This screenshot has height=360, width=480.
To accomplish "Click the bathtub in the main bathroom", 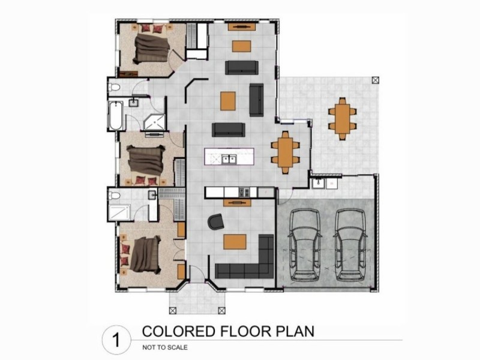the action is pyautogui.click(x=116, y=116).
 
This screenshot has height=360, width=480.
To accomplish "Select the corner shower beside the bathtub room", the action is pyautogui.click(x=155, y=122).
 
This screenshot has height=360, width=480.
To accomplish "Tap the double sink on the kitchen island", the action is pyautogui.click(x=229, y=159).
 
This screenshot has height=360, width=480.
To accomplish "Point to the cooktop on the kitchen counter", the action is pyautogui.click(x=244, y=192).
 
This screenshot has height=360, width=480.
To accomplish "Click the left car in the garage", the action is pyautogui.click(x=305, y=245).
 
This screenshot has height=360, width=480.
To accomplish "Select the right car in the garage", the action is pyautogui.click(x=350, y=245).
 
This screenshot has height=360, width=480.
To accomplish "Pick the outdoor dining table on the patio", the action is pyautogui.click(x=342, y=118).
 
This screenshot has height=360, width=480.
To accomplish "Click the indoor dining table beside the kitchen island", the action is pyautogui.click(x=285, y=152).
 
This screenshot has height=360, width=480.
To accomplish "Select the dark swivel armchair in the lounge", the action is pyautogui.click(x=216, y=221).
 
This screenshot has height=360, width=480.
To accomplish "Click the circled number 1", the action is pyautogui.click(x=116, y=340).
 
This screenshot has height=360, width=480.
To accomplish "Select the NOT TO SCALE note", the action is pyautogui.click(x=165, y=347).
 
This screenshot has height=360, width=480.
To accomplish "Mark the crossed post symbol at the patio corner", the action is pyautogui.click(x=376, y=80).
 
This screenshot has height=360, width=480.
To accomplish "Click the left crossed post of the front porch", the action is pyautogui.click(x=173, y=311).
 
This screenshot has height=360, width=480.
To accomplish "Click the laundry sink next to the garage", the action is pyautogui.click(x=319, y=184).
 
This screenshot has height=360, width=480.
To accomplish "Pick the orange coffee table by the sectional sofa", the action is pyautogui.click(x=235, y=242).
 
